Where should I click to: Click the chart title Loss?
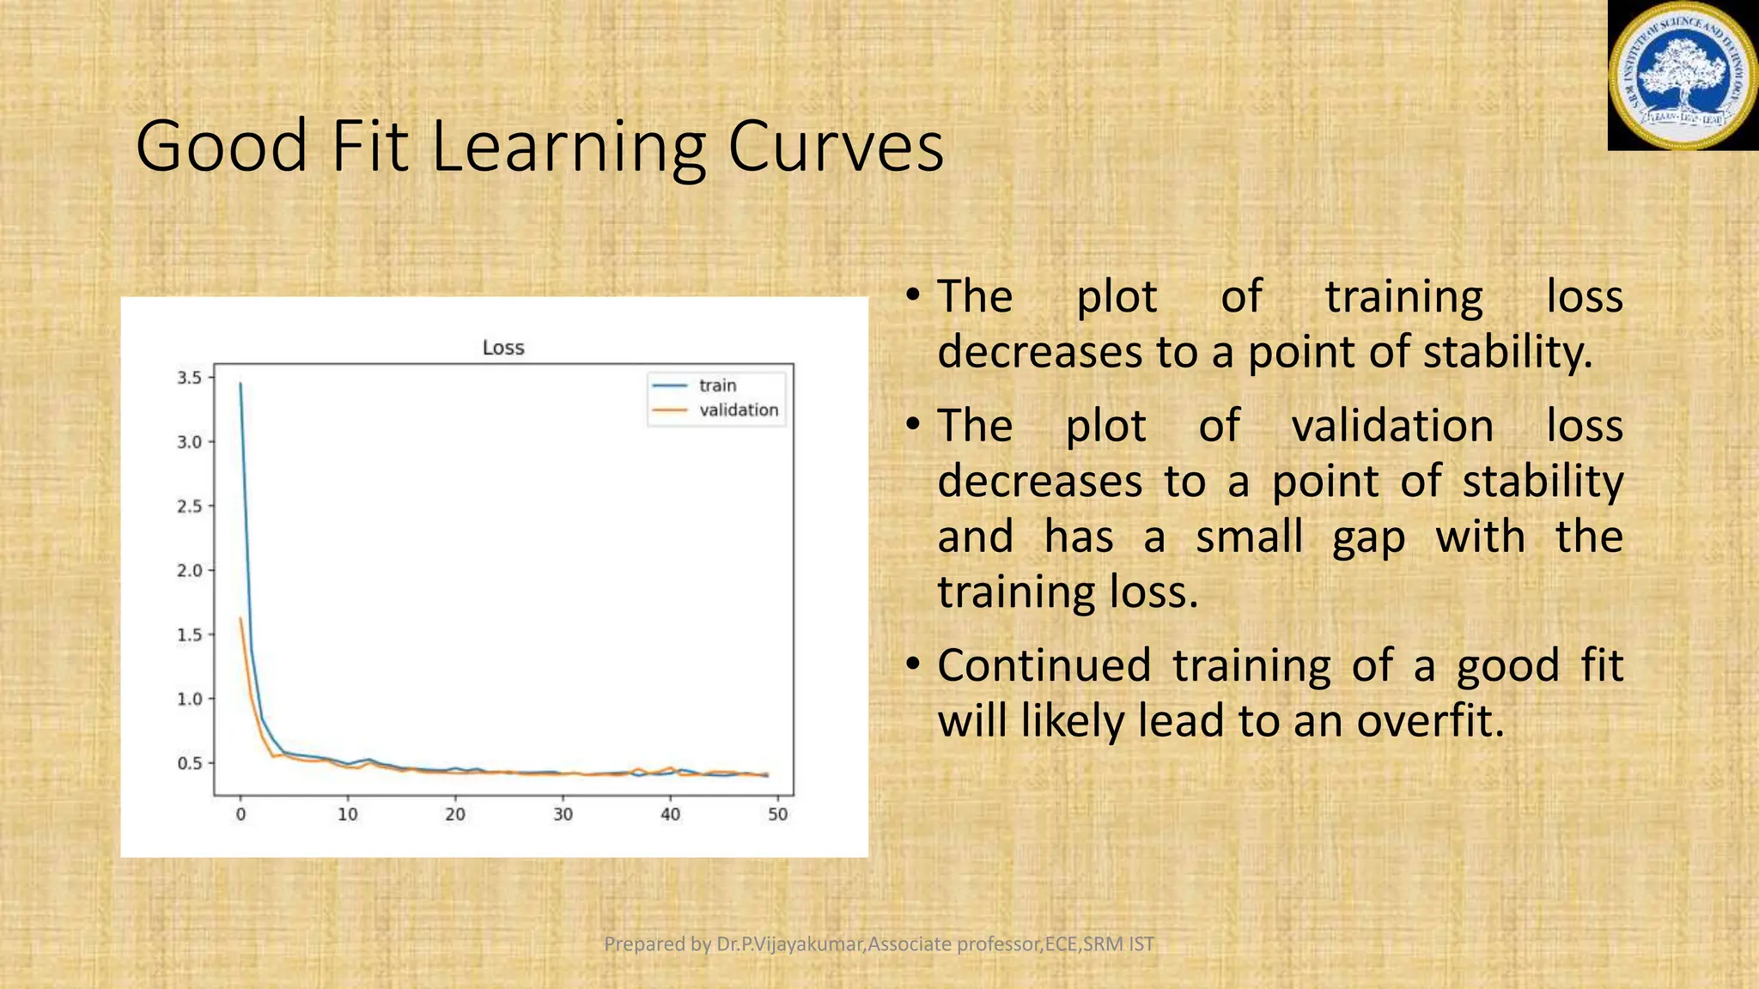coord(503,348)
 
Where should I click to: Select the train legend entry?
coord(717,385)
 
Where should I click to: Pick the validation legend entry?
coord(738,410)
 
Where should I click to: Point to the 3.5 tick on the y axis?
coord(190,378)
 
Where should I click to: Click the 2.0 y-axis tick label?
coord(190,571)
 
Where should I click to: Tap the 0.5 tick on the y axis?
coord(190,763)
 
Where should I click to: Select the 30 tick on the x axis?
coord(563,814)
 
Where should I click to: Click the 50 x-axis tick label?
coord(777,814)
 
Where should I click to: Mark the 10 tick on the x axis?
coord(348,814)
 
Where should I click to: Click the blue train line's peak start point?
coord(240,384)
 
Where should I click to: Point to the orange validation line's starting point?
coord(240,618)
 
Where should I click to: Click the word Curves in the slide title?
coord(836,146)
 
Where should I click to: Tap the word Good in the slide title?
coord(222,146)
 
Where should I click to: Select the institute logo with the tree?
coord(1682,76)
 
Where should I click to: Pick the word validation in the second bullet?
coord(1392,426)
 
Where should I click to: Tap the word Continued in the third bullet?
coord(1044,665)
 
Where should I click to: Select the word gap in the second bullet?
coord(1368,537)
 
